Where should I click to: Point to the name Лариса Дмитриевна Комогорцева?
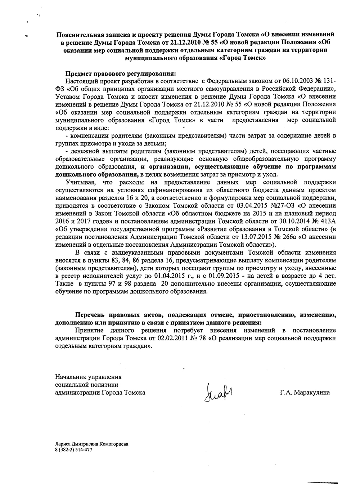tap(91, 444)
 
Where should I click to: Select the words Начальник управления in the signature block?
tap(88, 377)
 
